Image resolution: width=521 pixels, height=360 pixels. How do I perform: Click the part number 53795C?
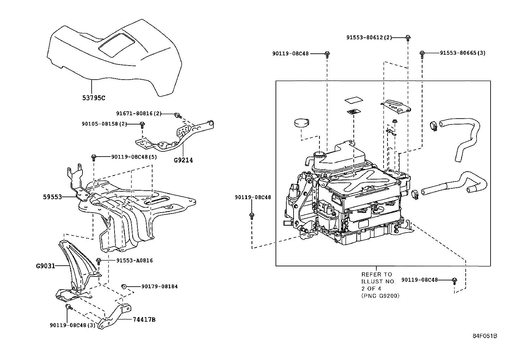[x=94, y=98]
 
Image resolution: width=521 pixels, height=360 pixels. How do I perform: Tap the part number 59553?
[x=52, y=197]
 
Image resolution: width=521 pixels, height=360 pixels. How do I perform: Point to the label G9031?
[x=45, y=266]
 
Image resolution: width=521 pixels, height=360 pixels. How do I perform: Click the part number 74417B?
[x=144, y=319]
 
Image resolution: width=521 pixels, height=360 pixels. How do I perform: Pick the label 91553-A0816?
[x=135, y=260]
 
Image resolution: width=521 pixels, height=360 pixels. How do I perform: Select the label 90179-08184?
[x=159, y=286]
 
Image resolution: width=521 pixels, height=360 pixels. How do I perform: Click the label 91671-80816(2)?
[x=139, y=113]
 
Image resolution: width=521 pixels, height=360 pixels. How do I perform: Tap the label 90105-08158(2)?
[x=104, y=124]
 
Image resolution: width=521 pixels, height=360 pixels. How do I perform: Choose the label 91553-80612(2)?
[x=369, y=37]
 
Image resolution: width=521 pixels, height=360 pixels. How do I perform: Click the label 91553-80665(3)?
[x=462, y=53]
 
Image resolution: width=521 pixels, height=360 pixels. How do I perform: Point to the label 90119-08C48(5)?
[x=134, y=157]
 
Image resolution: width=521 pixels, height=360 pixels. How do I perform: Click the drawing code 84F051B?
[x=485, y=336]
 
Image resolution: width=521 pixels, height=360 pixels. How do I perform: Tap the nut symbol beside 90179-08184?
[x=124, y=287]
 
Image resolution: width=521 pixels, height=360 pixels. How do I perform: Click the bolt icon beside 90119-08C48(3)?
[x=68, y=307]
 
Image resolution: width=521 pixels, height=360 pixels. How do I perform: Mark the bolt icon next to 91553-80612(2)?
[x=408, y=38]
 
